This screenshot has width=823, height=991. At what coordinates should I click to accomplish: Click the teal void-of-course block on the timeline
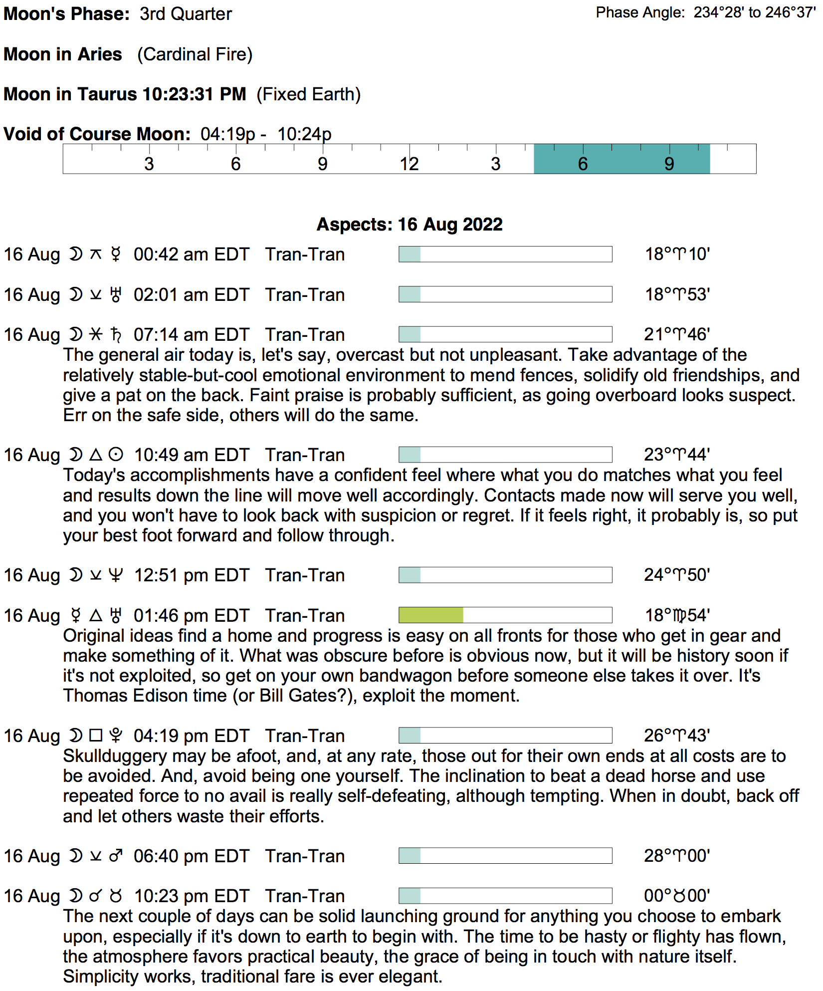point(621,159)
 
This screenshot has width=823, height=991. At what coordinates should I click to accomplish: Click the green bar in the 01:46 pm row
point(431,615)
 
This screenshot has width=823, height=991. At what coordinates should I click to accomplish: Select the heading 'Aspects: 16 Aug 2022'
point(410,225)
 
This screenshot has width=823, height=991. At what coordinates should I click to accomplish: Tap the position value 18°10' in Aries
point(677,254)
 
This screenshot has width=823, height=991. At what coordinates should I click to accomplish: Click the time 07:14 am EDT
point(191,335)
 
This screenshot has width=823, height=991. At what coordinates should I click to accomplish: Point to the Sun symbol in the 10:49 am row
point(116,455)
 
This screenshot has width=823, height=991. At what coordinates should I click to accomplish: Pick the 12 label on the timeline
point(409,164)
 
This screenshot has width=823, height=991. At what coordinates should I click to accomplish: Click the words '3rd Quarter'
point(186,14)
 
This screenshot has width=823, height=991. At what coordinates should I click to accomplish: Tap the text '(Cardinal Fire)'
point(195,54)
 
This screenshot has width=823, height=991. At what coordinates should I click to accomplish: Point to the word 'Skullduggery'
point(115,756)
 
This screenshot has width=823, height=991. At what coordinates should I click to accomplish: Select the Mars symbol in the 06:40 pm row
point(116,856)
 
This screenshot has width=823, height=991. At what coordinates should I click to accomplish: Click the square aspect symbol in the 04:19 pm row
point(96,736)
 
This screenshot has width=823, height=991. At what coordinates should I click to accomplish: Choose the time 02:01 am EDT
point(191,295)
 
